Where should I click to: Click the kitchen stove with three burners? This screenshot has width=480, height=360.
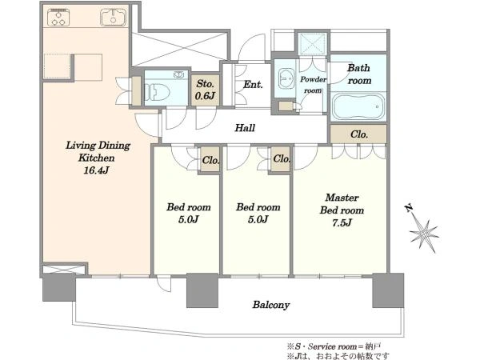tap(58, 17)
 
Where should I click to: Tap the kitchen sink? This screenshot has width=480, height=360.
tap(114, 17)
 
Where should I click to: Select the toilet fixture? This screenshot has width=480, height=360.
tap(157, 92)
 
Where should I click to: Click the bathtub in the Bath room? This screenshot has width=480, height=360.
tap(358, 106)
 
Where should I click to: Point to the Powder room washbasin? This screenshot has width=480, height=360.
tap(286, 78)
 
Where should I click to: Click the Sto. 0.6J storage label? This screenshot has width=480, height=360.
tap(205, 90)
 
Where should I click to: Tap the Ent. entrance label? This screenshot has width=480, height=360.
tap(253, 85)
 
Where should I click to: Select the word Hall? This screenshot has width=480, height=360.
tap(245, 128)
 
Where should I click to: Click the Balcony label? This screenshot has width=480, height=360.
tap(271, 305)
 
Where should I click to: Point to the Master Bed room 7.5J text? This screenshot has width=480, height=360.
tap(342, 210)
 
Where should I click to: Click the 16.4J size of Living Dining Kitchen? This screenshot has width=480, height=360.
tap(96, 170)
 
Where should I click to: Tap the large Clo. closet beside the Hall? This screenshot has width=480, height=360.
tap(358, 134)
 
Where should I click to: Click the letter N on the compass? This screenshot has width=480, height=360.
tap(409, 209)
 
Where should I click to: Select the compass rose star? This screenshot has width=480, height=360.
tap(425, 234)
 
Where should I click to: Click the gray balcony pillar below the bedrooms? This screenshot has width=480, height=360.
tap(202, 290)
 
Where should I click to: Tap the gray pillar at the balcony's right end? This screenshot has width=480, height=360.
tap(388, 290)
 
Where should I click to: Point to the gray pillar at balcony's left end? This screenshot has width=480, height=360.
tap(59, 287)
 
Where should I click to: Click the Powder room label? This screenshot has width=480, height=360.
tap(313, 85)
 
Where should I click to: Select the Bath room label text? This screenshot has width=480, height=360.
tap(359, 74)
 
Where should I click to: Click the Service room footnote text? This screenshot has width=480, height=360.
tap(334, 346)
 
